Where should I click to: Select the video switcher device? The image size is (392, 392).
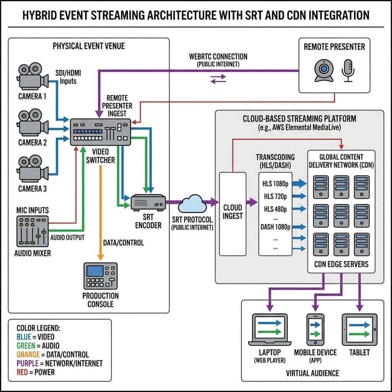click(x=101, y=132)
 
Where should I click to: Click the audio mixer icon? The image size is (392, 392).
click(x=33, y=231)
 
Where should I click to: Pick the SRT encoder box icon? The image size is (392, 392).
click(x=148, y=202)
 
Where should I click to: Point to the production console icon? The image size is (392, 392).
click(x=100, y=276)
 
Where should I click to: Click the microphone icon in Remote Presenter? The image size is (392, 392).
click(x=348, y=70)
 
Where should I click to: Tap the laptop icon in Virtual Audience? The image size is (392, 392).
click(x=270, y=330)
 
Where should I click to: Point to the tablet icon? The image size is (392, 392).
click(x=359, y=330)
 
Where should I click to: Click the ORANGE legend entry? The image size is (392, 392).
click(x=52, y=354)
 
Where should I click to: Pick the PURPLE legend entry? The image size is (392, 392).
click(x=59, y=363)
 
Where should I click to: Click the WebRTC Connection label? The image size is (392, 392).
click(x=218, y=57)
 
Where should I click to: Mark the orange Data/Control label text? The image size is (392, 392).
click(x=123, y=243)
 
